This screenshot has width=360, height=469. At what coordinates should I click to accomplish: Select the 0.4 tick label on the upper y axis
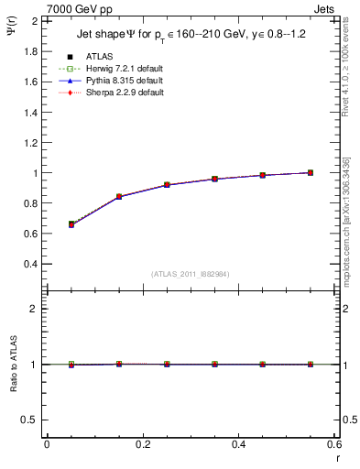30,264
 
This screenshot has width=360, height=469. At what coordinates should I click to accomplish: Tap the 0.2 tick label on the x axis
142,444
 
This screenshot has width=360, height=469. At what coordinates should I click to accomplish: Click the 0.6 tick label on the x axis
333,444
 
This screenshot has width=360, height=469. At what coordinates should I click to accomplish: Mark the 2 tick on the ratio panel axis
35,309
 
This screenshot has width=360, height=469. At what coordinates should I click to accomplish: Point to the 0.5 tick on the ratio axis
30,420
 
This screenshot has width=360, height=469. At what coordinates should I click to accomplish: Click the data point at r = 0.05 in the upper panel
71,224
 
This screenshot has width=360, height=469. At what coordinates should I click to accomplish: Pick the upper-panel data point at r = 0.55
311,172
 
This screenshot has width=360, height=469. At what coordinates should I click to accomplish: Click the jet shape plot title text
189,36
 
